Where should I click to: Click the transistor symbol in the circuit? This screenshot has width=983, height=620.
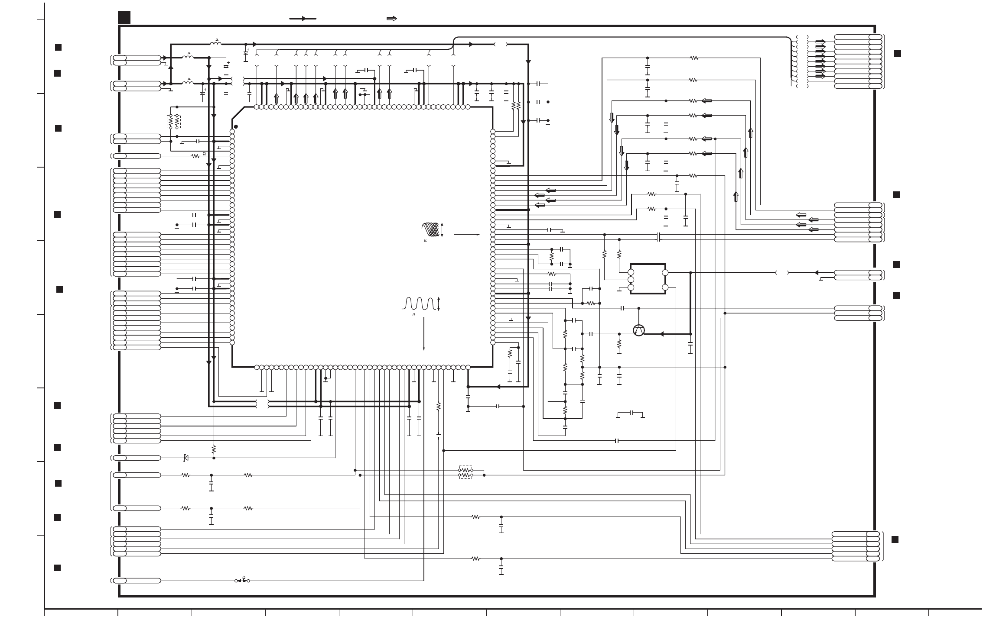(x=639, y=330)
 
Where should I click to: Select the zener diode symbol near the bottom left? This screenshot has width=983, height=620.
(x=186, y=458)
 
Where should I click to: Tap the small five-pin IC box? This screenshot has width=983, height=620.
(x=648, y=279)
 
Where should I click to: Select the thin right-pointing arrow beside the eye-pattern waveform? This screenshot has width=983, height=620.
(x=466, y=235)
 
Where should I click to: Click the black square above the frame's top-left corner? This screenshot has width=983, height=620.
(x=124, y=17)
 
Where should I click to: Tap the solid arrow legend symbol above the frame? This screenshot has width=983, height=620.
(x=303, y=19)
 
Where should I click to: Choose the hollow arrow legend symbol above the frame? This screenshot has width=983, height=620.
(x=391, y=19)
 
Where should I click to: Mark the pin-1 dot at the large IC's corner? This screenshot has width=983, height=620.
(x=236, y=127)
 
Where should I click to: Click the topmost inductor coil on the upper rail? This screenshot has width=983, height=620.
(x=215, y=44)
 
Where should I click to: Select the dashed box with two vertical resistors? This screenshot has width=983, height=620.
(x=174, y=122)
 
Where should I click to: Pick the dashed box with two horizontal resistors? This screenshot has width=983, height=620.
(x=465, y=472)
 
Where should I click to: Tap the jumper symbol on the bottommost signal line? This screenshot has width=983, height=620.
(x=242, y=581)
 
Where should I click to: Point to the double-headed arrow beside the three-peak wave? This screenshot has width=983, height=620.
(x=439, y=304)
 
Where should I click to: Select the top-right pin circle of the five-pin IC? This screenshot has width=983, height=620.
(x=665, y=273)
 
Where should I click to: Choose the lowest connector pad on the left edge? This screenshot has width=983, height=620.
(x=120, y=581)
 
